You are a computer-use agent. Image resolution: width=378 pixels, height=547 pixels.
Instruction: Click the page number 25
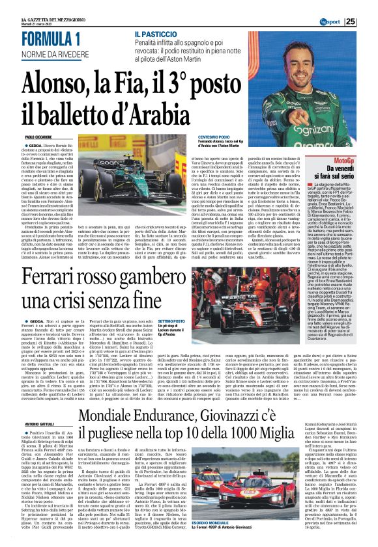[x=369, y=21]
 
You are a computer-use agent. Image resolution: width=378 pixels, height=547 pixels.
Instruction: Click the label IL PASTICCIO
[x=156, y=33]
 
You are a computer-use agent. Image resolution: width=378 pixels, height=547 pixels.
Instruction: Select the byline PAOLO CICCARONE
[x=39, y=138]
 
